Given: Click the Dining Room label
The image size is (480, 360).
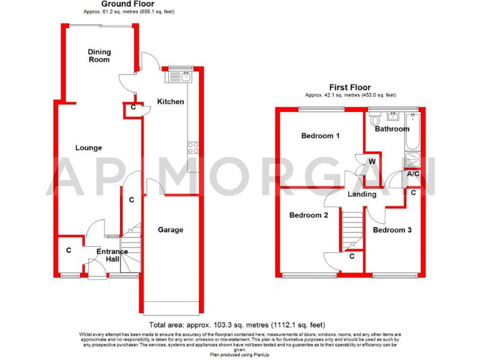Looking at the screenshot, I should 98,56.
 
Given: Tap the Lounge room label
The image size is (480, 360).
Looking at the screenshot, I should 89,148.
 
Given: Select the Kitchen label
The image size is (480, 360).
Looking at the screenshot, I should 170,102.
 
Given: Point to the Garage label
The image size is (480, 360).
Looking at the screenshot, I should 170,230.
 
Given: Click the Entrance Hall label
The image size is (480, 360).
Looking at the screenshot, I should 112,256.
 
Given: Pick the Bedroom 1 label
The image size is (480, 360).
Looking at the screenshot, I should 320,136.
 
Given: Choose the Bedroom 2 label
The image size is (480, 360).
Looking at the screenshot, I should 308,216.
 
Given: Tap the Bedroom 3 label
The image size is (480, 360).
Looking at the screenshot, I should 392,230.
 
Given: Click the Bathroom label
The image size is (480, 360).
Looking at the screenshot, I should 392,129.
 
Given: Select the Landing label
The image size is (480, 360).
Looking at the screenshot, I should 362,194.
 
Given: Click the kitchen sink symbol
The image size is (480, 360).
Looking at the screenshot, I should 186,77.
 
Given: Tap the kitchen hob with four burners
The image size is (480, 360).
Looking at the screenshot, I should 193,148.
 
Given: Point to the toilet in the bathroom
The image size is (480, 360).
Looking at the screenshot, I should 376,119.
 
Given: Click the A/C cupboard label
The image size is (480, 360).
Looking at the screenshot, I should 413,174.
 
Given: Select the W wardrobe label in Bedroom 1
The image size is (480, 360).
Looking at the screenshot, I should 372,162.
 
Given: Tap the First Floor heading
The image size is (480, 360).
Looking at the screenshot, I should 350,87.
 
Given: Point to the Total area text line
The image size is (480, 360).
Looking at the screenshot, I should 237,325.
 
